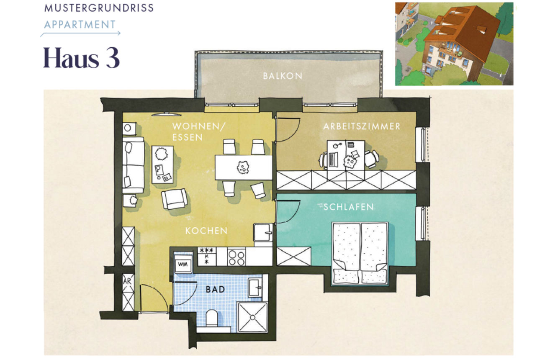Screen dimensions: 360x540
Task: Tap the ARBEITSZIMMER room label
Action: click(x=362, y=126)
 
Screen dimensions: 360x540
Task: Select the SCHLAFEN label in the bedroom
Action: click(x=348, y=207)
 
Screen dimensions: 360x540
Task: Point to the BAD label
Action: click(x=215, y=289)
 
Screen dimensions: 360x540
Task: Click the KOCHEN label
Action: click(x=206, y=231)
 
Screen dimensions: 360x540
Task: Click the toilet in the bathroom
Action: click(x=212, y=318)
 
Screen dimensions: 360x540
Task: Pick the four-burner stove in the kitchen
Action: click(x=237, y=257)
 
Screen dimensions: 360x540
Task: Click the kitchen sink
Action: click(x=264, y=232)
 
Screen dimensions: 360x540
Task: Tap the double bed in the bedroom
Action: click(x=360, y=253)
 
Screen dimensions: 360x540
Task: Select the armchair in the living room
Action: click(x=175, y=199)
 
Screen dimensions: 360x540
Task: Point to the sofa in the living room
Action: click(x=133, y=165)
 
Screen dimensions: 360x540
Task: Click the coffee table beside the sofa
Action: click(x=162, y=164)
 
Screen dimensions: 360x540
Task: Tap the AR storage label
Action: click(x=127, y=281)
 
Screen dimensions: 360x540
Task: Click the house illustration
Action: click(x=454, y=44)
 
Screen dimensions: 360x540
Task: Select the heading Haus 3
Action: click(x=81, y=59)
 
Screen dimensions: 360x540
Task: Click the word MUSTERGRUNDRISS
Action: click(x=98, y=8)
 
